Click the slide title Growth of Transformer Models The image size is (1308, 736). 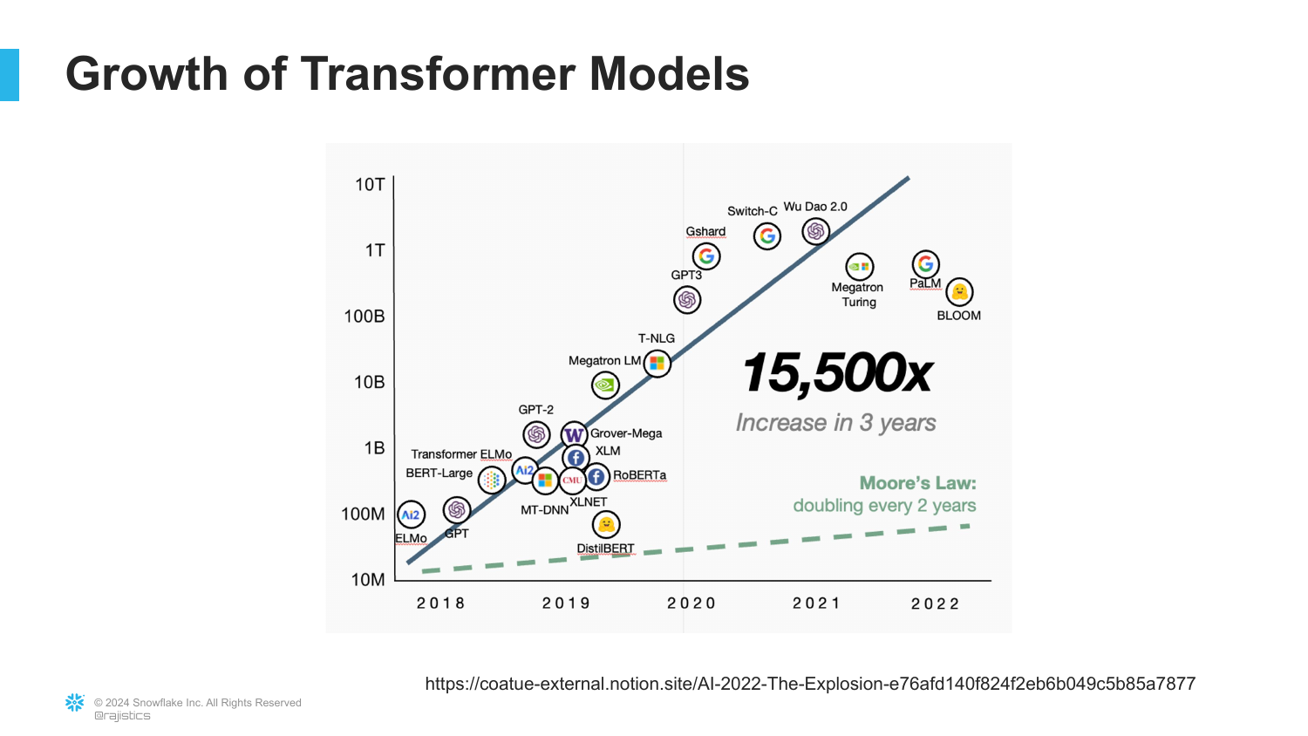point(407,74)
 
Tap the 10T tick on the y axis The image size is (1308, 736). point(370,185)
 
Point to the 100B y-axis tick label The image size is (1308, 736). point(364,317)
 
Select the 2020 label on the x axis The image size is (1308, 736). point(691,603)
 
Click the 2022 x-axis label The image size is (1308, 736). point(935,603)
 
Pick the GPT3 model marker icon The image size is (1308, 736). point(687,300)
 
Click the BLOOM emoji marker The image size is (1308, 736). point(959,292)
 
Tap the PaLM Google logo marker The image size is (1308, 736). point(925,263)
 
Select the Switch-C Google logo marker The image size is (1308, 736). point(767,235)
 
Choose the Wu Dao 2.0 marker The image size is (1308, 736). point(816,231)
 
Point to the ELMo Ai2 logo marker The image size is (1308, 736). point(411,515)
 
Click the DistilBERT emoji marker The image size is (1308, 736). point(606,524)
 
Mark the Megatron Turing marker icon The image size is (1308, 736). point(860,267)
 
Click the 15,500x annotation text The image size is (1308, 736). point(837,373)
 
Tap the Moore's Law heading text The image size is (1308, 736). point(917,483)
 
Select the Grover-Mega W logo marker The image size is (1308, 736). point(574,434)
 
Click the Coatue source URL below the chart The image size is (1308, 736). point(810,684)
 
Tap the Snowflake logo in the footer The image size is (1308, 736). point(75,703)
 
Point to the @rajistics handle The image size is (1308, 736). point(122,716)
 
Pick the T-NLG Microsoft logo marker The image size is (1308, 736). point(657,363)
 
